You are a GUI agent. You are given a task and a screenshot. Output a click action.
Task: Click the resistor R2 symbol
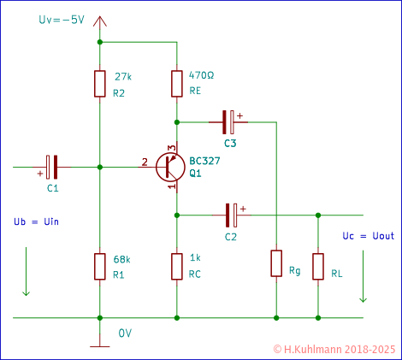(x=100, y=83)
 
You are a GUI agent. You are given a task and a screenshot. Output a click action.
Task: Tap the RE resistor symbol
(x=175, y=83)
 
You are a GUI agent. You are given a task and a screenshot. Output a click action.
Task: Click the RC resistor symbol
(x=175, y=265)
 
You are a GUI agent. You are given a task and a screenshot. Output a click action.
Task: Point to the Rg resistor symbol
(x=275, y=263)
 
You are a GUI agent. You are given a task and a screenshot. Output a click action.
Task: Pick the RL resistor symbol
(x=318, y=265)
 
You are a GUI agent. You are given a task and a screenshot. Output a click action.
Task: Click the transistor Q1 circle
(x=172, y=167)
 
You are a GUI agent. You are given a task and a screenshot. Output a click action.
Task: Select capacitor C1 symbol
(x=51, y=167)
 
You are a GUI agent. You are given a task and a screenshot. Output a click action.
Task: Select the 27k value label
(x=122, y=76)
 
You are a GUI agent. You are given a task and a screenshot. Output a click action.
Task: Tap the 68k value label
(x=122, y=258)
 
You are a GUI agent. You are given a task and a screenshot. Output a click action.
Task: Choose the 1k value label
(x=194, y=258)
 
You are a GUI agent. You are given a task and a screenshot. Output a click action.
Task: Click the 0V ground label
(x=125, y=332)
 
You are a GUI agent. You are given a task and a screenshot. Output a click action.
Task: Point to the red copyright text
(x=335, y=350)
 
